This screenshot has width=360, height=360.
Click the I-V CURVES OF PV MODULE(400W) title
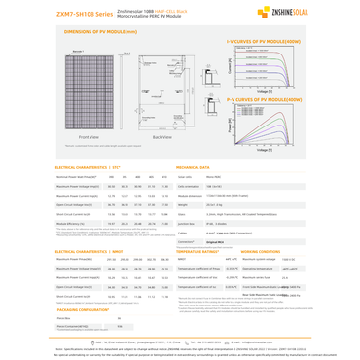click(x=264, y=43)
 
